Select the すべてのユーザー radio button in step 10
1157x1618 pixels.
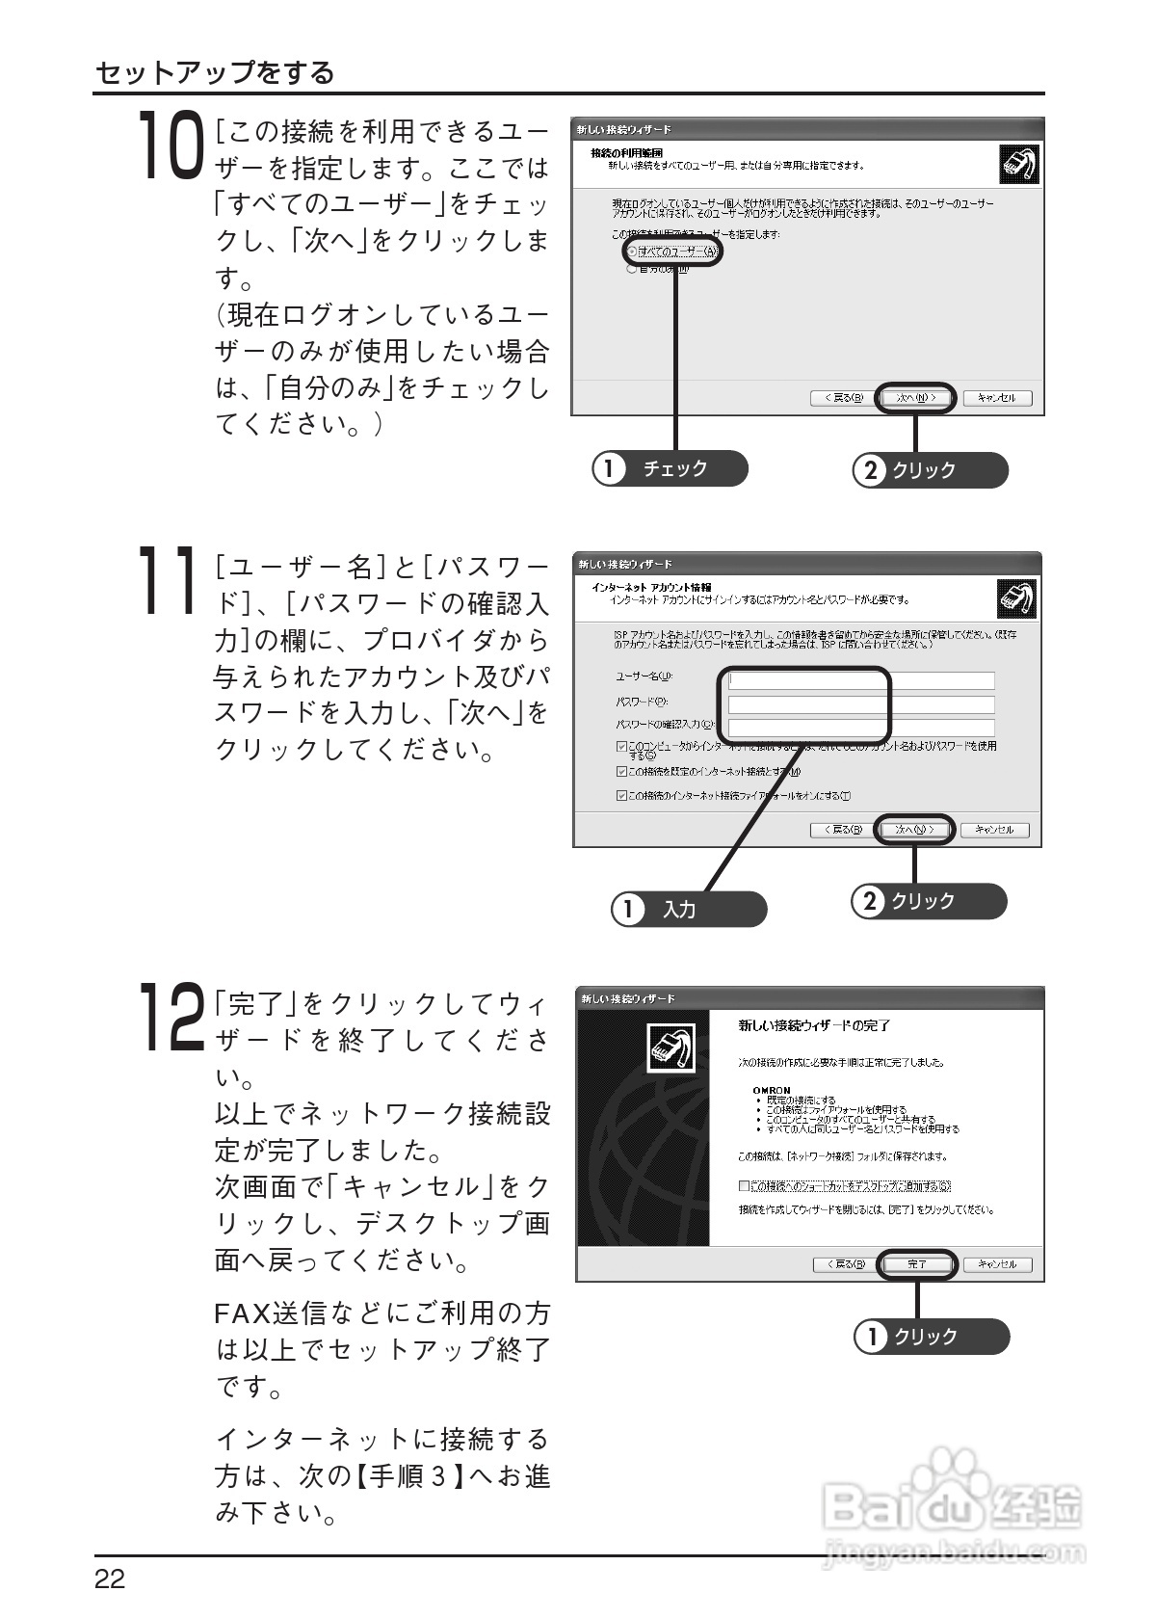pos(632,252)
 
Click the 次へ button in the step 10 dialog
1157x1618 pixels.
pos(915,398)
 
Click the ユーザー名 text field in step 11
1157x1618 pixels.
pos(860,680)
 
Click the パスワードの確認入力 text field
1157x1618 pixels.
pos(860,728)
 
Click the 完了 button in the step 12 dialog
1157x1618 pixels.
pos(916,1264)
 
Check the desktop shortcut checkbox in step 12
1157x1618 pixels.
pos(744,1185)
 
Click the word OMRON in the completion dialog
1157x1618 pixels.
pos(772,1090)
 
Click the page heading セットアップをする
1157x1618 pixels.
pos(215,73)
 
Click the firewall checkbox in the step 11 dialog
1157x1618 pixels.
pos(621,795)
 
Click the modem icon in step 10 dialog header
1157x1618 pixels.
pos(1017,165)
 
